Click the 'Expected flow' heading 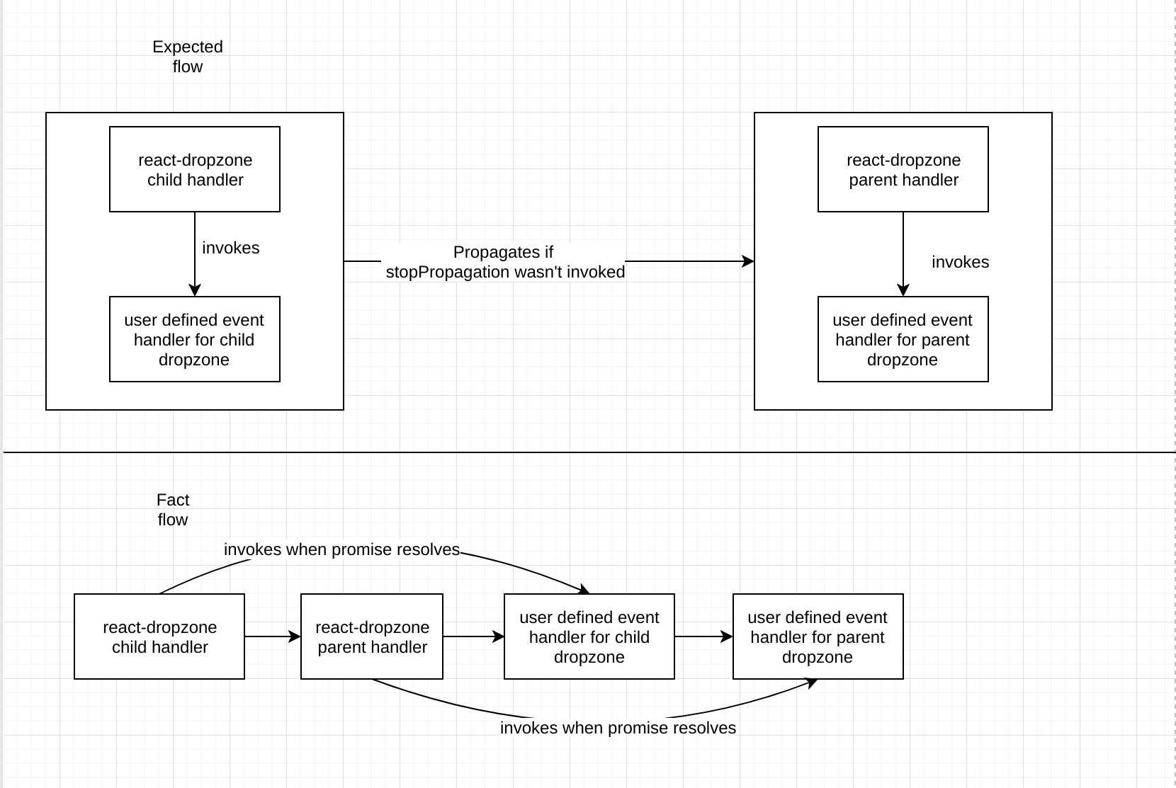(188, 57)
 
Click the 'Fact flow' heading (173, 510)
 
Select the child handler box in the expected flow (195, 169)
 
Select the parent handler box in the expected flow (903, 169)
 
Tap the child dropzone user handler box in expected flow (195, 339)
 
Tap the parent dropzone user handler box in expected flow (903, 339)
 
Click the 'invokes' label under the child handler (230, 248)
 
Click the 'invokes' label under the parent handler (960, 262)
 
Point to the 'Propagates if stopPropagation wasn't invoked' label (504, 262)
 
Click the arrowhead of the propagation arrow (749, 261)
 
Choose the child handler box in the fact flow (159, 636)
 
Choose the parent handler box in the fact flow (372, 636)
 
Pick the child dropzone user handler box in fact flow (589, 636)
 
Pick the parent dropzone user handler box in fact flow (818, 636)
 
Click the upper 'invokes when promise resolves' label (341, 549)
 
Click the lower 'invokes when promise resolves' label (618, 728)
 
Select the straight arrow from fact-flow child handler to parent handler (273, 636)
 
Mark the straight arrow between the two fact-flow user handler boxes (703, 636)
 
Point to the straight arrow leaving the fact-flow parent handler (473, 636)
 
